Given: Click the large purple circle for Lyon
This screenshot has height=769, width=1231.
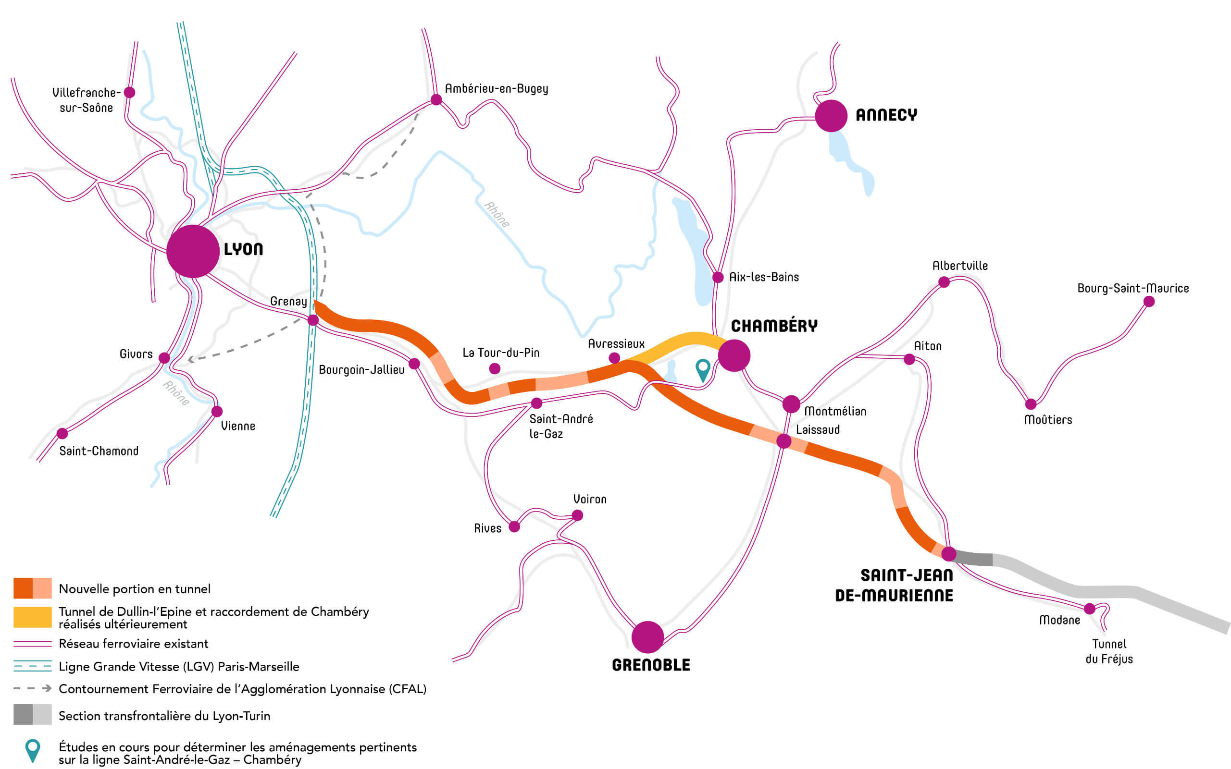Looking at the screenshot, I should (193, 251).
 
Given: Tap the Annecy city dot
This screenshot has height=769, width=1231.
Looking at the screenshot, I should (831, 116).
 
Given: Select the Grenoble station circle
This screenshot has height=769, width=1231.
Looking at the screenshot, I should (647, 637).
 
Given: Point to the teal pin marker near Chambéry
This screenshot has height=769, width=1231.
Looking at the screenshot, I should (703, 368).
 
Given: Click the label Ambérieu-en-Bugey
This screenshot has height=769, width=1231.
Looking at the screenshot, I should (496, 88).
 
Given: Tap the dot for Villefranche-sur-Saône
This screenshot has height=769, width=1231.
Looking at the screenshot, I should (130, 93).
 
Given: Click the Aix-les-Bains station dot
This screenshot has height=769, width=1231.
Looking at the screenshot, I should (718, 277).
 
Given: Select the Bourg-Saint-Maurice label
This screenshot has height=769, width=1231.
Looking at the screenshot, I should (1133, 288).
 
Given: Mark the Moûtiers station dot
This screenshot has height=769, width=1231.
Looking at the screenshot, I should (1031, 404).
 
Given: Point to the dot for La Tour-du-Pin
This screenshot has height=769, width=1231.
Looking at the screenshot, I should (494, 369).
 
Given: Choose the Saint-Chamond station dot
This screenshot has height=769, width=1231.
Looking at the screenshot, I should (62, 433).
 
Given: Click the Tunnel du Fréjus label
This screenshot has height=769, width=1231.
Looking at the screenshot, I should (1109, 651).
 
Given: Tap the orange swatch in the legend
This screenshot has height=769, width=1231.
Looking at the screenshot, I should (33, 588).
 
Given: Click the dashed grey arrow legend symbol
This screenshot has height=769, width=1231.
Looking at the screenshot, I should (33, 688).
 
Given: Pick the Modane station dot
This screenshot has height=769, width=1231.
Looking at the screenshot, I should (1090, 608).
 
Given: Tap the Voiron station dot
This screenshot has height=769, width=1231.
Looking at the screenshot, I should (577, 515).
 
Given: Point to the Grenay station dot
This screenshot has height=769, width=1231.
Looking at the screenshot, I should (313, 320).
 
